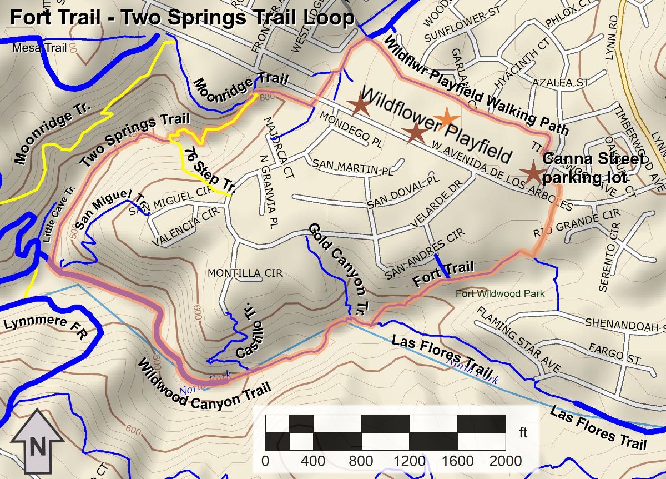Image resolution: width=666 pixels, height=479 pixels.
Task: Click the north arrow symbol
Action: (37, 442)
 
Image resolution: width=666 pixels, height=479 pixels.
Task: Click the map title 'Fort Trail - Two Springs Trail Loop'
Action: (182, 17)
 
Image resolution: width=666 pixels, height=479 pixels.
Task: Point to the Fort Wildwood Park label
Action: (500, 293)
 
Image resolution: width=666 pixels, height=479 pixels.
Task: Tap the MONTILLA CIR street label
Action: (245, 273)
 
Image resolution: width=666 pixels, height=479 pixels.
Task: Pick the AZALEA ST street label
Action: (560, 83)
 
